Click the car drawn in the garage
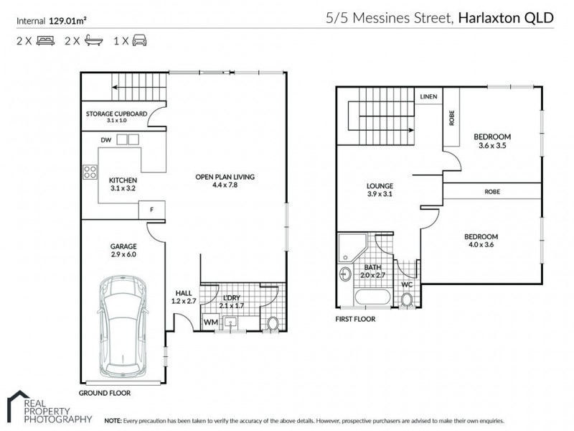pos(124,326)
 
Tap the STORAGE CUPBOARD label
pos(116,113)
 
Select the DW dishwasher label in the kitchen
pos(105,139)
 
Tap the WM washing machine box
pos(212,323)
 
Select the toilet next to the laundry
pos(273,324)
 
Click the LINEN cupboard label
pos(428,96)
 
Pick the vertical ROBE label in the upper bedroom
pos(451,118)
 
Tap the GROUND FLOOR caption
pos(105,394)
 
